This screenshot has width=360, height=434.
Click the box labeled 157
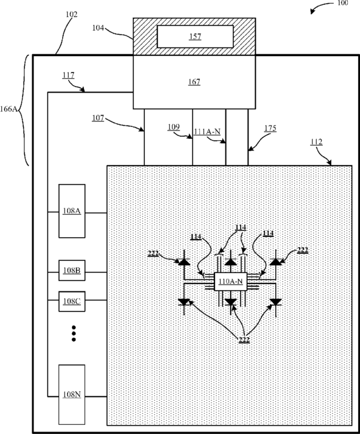195,37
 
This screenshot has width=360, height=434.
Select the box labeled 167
194,82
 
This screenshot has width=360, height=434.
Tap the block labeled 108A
72,211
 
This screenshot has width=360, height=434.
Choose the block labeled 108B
72,271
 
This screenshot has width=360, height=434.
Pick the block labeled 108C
72,301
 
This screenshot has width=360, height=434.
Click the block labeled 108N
72,394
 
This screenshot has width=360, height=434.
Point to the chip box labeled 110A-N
231,282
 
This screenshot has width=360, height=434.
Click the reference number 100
342,3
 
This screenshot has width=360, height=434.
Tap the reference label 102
72,15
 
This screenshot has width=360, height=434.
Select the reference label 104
98,28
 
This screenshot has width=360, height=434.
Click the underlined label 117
68,76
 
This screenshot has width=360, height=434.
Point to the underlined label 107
98,118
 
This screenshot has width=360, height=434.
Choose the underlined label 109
174,127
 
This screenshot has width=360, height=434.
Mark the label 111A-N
207,132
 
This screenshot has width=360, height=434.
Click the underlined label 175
270,129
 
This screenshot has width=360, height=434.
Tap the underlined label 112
316,142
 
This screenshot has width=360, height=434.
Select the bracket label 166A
9,109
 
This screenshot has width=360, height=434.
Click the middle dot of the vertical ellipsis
74,333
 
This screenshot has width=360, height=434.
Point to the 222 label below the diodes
244,340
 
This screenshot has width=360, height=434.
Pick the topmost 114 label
241,227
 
